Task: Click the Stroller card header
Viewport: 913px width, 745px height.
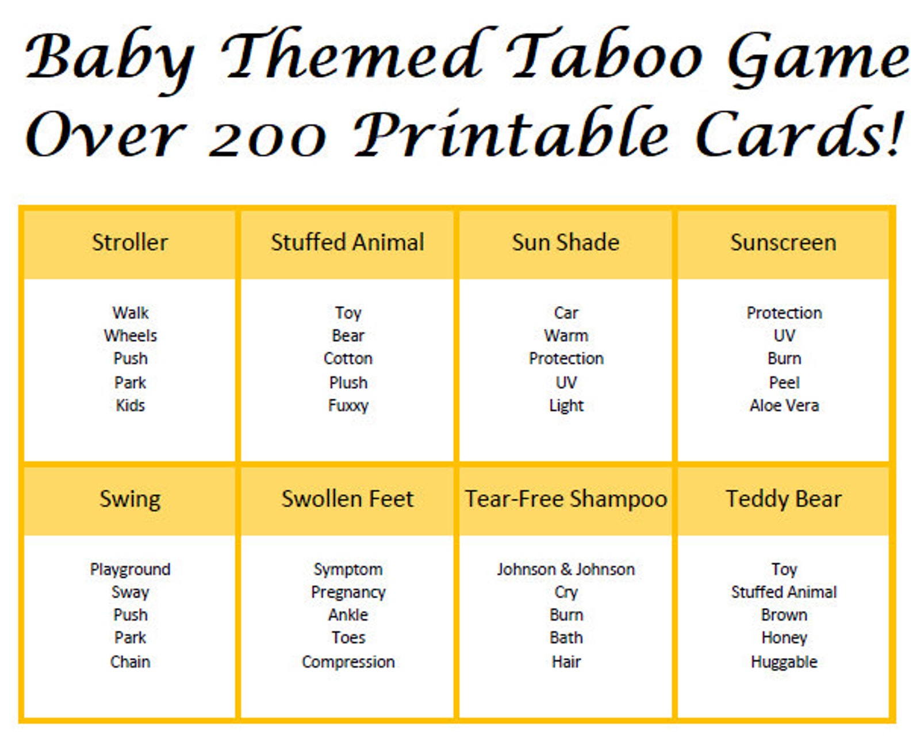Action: pos(130,243)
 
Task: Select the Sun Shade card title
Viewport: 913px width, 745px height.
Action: pos(566,243)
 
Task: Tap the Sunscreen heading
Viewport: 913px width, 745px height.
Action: pos(783,243)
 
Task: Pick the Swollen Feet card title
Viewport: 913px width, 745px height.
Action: pos(347,499)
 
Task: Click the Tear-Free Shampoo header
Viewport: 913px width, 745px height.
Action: pos(566,499)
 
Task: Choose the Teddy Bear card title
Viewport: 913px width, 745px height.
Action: pos(783,499)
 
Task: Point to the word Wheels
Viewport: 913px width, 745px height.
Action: pos(130,335)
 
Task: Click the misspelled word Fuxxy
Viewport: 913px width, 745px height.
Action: pos(348,406)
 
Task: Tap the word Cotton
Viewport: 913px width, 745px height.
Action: pos(348,358)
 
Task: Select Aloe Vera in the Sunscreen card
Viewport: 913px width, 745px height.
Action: pos(784,406)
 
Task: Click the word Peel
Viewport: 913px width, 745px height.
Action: pos(784,383)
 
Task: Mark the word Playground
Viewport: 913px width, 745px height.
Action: pos(130,570)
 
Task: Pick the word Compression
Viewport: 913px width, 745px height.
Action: pos(348,662)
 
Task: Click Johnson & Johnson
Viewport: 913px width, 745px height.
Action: pos(566,570)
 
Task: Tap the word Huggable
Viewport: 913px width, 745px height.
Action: pos(784,662)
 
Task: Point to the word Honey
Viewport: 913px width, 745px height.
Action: pos(784,637)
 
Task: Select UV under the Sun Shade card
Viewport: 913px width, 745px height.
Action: pos(566,383)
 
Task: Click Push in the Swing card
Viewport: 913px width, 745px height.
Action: pos(130,614)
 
